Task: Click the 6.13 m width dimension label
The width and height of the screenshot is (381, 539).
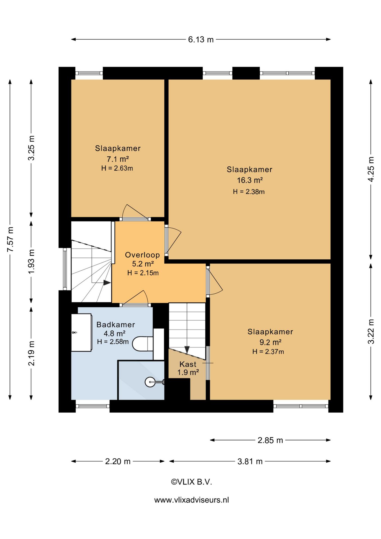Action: click(x=201, y=40)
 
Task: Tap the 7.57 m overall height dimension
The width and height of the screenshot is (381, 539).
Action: click(x=10, y=239)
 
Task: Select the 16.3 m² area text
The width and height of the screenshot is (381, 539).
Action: click(x=250, y=180)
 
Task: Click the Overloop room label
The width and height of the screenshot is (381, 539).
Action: click(x=142, y=255)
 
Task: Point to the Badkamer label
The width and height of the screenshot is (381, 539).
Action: click(x=116, y=325)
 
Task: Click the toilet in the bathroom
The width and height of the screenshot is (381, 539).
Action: click(x=143, y=344)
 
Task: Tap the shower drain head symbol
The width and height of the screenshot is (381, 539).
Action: click(x=150, y=382)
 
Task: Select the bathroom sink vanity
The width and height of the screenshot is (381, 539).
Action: click(x=81, y=332)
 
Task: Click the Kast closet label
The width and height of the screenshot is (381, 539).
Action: click(x=188, y=364)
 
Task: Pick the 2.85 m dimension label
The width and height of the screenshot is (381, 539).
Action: click(x=270, y=440)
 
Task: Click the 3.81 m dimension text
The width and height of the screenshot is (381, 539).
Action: click(x=250, y=461)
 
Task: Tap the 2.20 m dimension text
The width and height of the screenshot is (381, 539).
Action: click(x=118, y=461)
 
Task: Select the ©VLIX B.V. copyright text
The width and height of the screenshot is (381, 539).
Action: click(x=191, y=482)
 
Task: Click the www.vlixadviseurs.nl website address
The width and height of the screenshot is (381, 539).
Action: click(x=192, y=500)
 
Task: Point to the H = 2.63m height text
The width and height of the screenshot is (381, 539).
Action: click(x=117, y=168)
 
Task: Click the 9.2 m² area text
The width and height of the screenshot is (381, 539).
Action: click(x=270, y=342)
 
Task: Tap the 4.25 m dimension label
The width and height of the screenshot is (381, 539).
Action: click(x=371, y=169)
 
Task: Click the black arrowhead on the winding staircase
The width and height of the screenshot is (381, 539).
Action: click(x=107, y=283)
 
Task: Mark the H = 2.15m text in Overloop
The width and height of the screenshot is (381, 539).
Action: click(x=143, y=273)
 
